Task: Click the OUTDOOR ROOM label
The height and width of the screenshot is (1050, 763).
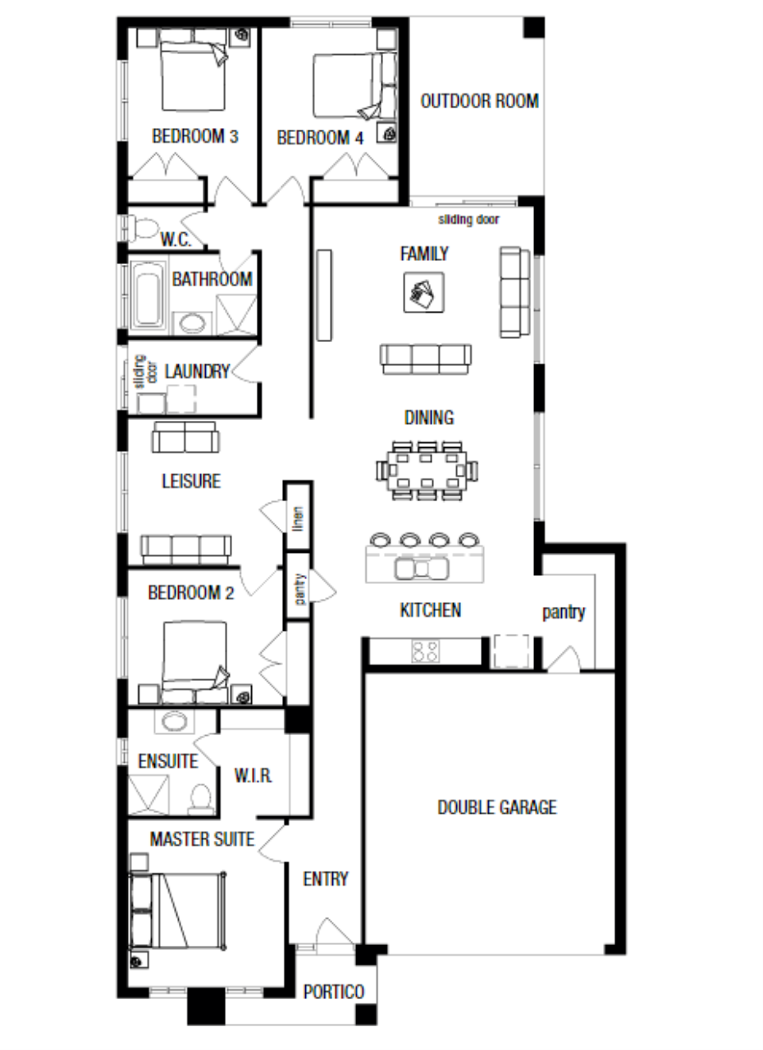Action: (x=479, y=101)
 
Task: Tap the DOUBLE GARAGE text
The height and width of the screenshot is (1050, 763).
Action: (x=497, y=807)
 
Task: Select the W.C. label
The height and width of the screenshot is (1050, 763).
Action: (x=176, y=240)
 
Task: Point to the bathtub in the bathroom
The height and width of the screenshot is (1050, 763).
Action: (x=147, y=296)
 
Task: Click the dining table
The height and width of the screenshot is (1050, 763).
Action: (x=427, y=470)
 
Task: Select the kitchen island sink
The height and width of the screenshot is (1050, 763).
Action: (x=422, y=568)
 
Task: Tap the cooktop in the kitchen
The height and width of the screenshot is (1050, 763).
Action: (x=426, y=651)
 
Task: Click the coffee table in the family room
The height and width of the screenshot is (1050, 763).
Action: (x=423, y=293)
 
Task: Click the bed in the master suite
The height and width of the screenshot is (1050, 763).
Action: (x=177, y=911)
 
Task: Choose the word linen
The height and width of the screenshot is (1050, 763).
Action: (x=298, y=518)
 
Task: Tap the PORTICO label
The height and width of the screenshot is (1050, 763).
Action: (x=334, y=992)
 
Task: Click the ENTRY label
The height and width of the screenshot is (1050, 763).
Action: (x=326, y=879)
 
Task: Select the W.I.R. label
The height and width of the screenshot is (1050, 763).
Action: (x=253, y=776)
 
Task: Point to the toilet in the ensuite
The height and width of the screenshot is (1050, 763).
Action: (x=201, y=799)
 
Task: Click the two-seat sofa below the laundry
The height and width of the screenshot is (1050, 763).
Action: (x=185, y=437)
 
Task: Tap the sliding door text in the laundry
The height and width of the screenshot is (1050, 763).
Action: (x=145, y=372)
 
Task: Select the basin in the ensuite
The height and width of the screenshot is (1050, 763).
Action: (x=175, y=721)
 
